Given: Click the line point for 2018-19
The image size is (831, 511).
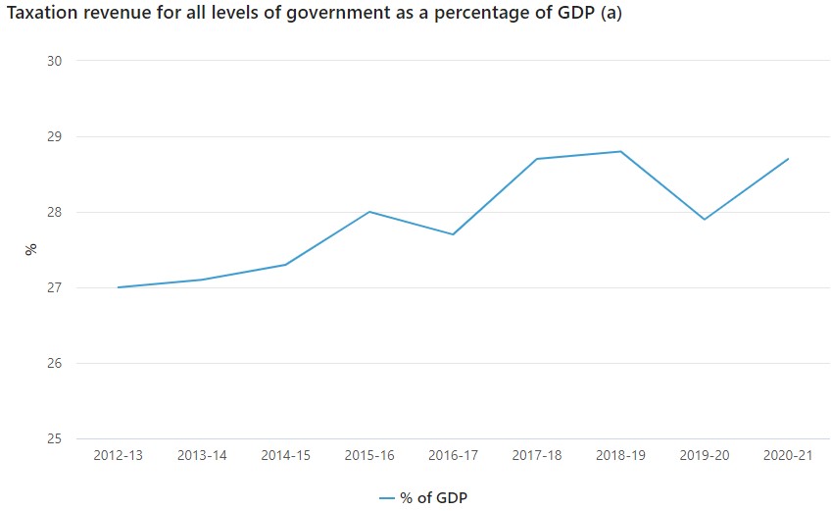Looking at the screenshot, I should pyautogui.click(x=620, y=151).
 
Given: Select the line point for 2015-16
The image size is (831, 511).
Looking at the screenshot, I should pyautogui.click(x=369, y=212).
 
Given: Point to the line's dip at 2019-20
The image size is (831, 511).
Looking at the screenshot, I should pyautogui.click(x=705, y=219).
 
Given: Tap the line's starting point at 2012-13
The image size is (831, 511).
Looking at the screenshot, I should pyautogui.click(x=118, y=287).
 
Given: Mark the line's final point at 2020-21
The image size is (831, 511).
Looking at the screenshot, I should pyautogui.click(x=788, y=159).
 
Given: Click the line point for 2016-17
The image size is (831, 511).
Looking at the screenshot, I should pyautogui.click(x=453, y=234).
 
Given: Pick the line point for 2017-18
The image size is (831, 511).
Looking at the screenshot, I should pyautogui.click(x=537, y=159).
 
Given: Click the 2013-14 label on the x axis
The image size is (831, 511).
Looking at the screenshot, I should pyautogui.click(x=202, y=456).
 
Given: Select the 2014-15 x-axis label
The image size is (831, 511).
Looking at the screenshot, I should pyautogui.click(x=285, y=456).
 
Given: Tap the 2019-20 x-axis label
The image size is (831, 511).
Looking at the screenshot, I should pyautogui.click(x=704, y=456).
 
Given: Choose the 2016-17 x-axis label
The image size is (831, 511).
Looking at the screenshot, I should pyautogui.click(x=453, y=456).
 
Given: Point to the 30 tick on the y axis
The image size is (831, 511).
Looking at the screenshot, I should pyautogui.click(x=54, y=61).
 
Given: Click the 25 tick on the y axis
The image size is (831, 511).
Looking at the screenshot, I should pyautogui.click(x=54, y=438).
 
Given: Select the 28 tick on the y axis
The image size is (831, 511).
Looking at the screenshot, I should pyautogui.click(x=54, y=212).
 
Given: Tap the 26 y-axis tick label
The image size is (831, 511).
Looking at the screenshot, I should pyautogui.click(x=54, y=363).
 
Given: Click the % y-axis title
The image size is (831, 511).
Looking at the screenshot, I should pyautogui.click(x=30, y=249).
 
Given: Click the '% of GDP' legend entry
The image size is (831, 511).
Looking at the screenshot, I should pyautogui.click(x=423, y=498).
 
